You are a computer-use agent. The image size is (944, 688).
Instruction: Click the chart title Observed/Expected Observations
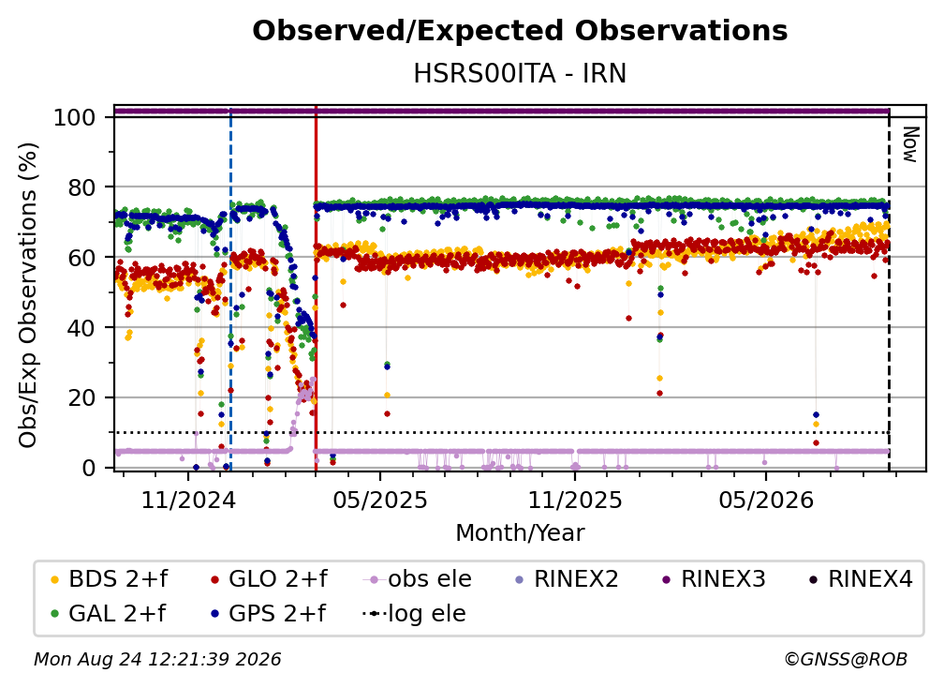click(520, 31)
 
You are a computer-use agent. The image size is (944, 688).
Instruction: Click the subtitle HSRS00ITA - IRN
click(520, 73)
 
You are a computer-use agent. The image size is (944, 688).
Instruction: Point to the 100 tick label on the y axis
click(75, 117)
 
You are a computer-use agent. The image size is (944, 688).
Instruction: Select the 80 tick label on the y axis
click(81, 187)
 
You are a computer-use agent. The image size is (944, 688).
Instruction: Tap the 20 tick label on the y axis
click(81, 397)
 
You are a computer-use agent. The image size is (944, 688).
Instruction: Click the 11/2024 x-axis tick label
click(188, 500)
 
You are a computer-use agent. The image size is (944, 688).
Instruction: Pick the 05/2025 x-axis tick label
click(380, 500)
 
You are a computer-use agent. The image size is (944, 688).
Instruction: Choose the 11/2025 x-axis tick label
click(575, 500)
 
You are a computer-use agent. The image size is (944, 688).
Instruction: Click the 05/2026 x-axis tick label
click(766, 500)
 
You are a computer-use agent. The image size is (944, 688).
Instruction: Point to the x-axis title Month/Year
click(520, 532)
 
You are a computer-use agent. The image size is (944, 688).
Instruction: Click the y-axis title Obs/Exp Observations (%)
click(28, 294)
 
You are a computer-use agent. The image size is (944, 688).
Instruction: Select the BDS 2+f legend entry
click(110, 579)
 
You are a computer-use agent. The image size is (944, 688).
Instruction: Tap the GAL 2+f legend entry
click(109, 613)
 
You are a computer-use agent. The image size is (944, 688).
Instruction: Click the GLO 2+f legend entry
click(269, 579)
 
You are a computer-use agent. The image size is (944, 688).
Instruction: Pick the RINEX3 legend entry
click(714, 579)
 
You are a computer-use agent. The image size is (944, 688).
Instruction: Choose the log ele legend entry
click(414, 613)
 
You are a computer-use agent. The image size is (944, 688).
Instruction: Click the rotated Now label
click(910, 144)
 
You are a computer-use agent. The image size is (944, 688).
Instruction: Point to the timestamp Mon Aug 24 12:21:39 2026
click(157, 660)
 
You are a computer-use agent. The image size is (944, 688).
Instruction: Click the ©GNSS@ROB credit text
click(846, 660)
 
